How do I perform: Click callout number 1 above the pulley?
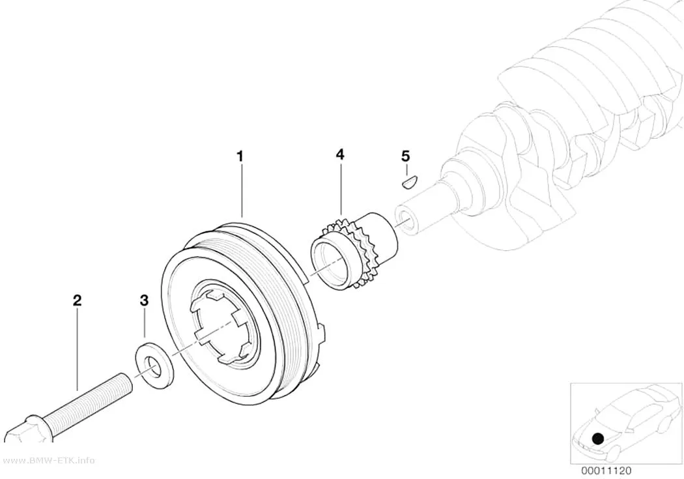tap(240, 156)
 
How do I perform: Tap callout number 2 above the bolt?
tap(77, 300)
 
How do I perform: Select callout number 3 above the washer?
tap(144, 300)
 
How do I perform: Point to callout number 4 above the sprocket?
tap(340, 154)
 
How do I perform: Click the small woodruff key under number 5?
tap(410, 180)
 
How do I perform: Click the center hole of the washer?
tap(152, 367)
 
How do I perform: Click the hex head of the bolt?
tap(18, 430)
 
